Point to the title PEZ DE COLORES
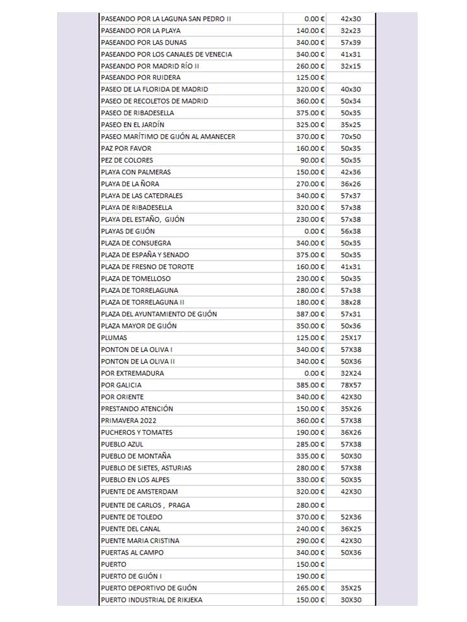[126, 160]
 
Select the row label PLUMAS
[114, 338]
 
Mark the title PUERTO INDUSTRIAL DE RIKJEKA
[152, 600]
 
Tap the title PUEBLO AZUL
[122, 444]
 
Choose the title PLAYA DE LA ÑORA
[130, 184]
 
